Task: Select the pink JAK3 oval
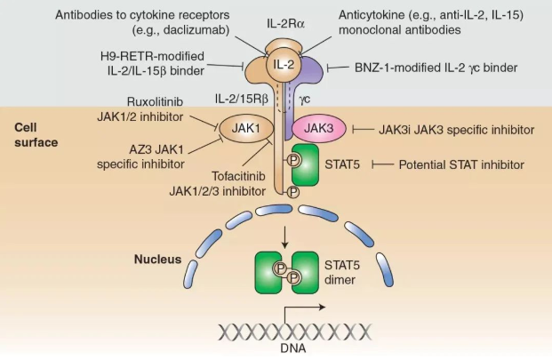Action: [317, 129]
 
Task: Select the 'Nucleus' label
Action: [157, 260]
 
